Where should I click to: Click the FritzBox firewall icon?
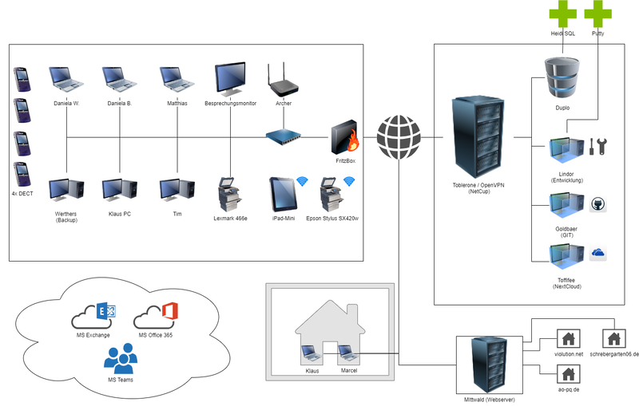pos(345,137)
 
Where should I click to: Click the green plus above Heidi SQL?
pos(562,14)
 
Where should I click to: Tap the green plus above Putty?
pos(598,14)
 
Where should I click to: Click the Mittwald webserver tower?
pos(486,361)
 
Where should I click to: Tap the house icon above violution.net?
pos(568,338)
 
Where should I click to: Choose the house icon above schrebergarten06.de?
pos(613,338)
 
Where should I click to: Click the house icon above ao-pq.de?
pos(568,372)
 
